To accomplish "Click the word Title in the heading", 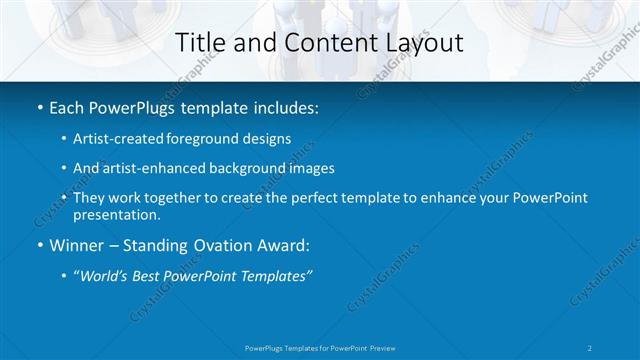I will (x=198, y=43).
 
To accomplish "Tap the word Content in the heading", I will (x=321, y=43).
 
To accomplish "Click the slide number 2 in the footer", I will (x=590, y=348).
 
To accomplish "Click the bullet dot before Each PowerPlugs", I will (x=38, y=106).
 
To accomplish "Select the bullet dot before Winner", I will (x=38, y=246).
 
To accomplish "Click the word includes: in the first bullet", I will (x=281, y=106).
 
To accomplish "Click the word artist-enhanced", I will (x=150, y=169).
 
